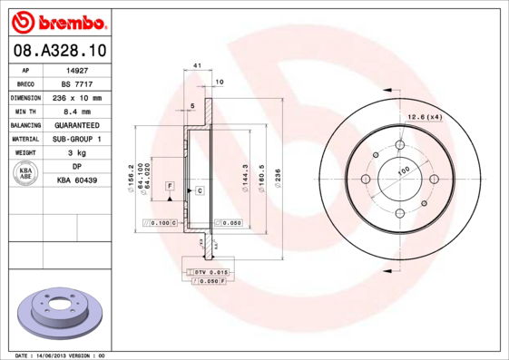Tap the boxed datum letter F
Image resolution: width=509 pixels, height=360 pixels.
point(169,185)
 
